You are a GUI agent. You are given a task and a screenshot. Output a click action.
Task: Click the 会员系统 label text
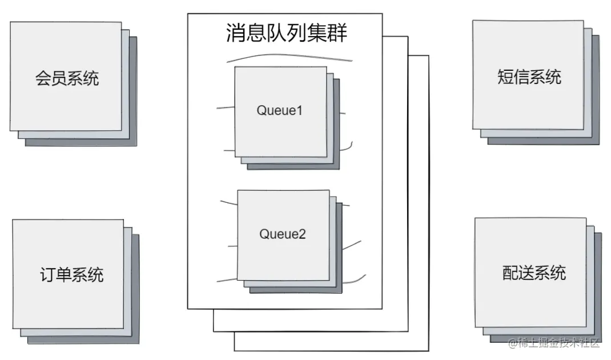pyautogui.click(x=67, y=78)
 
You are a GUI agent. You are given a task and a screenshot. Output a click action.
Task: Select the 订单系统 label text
pyautogui.click(x=72, y=274)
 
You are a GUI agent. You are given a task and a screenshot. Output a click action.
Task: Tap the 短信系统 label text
pyautogui.click(x=529, y=77)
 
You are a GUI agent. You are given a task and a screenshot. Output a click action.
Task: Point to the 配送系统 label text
pyautogui.click(x=534, y=273)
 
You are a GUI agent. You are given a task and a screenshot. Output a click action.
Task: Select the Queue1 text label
pyautogui.click(x=279, y=110)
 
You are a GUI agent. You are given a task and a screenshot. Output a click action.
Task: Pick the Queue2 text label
pyautogui.click(x=283, y=234)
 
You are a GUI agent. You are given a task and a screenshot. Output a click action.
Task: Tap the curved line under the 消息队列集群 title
pyautogui.click(x=288, y=57)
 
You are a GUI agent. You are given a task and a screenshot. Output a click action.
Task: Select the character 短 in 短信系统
pyautogui.click(x=506, y=77)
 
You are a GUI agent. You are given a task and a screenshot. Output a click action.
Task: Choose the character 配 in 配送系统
pyautogui.click(x=510, y=273)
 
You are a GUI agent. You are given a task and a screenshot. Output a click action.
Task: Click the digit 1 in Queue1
pyautogui.click(x=299, y=110)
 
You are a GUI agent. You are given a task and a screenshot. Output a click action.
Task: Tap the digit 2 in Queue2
pyautogui.click(x=303, y=234)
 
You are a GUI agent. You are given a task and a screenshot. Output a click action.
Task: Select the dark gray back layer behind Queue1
pyautogui.click(x=337, y=126)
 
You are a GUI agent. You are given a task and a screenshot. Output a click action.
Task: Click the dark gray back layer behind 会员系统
pyautogui.click(x=134, y=91)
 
